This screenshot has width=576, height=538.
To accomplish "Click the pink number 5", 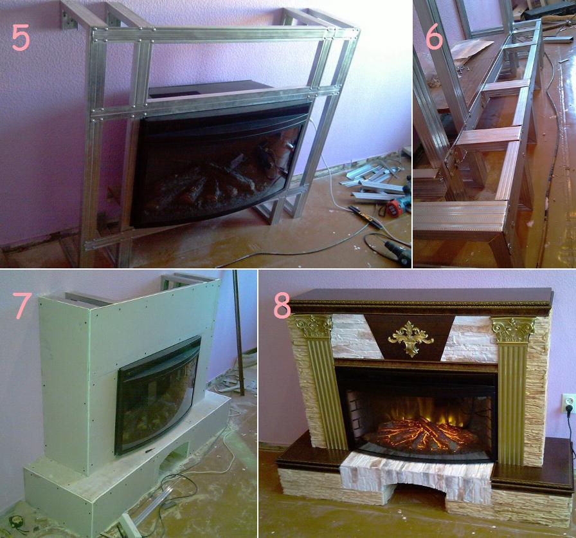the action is [x=21, y=38].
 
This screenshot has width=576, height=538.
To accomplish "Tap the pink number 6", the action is [x=435, y=37].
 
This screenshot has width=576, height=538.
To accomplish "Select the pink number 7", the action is [x=22, y=306].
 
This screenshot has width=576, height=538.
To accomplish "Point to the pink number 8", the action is [x=282, y=306].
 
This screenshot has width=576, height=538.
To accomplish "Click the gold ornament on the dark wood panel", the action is [x=411, y=339].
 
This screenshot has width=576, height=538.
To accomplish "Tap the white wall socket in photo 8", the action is [x=569, y=403].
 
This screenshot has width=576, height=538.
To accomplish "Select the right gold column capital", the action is [x=513, y=329].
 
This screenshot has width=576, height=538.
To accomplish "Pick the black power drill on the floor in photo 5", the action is [x=399, y=251].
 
